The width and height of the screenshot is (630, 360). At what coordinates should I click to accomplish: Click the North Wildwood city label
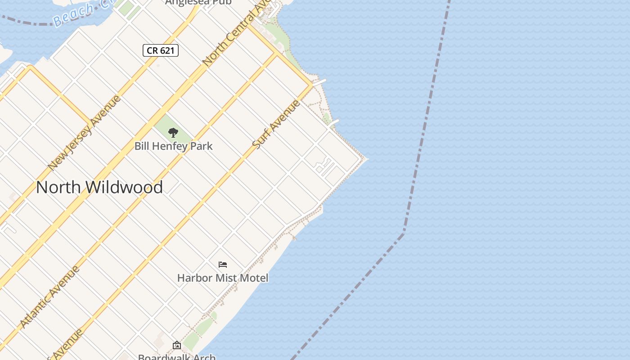(x=99, y=187)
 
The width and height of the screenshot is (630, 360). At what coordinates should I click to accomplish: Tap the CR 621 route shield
(x=161, y=50)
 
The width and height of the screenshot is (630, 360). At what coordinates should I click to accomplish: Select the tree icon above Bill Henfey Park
(x=173, y=133)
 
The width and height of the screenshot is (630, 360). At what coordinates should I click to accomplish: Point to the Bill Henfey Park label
(x=173, y=146)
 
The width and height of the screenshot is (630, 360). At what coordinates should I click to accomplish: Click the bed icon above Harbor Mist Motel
(x=223, y=265)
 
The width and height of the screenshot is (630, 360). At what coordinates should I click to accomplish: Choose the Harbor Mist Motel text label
(x=223, y=278)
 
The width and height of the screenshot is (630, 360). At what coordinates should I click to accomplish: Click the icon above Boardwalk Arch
(x=177, y=346)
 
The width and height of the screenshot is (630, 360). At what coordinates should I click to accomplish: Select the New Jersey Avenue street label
(x=84, y=133)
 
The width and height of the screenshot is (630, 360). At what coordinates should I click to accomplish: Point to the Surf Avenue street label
(x=276, y=125)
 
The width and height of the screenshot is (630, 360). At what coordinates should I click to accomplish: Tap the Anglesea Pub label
(x=198, y=2)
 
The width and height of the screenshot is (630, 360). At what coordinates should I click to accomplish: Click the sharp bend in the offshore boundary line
(x=404, y=232)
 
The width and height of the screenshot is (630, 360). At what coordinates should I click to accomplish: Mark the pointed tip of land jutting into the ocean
(x=367, y=158)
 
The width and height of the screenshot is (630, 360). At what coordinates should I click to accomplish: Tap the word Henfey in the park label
(x=174, y=146)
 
